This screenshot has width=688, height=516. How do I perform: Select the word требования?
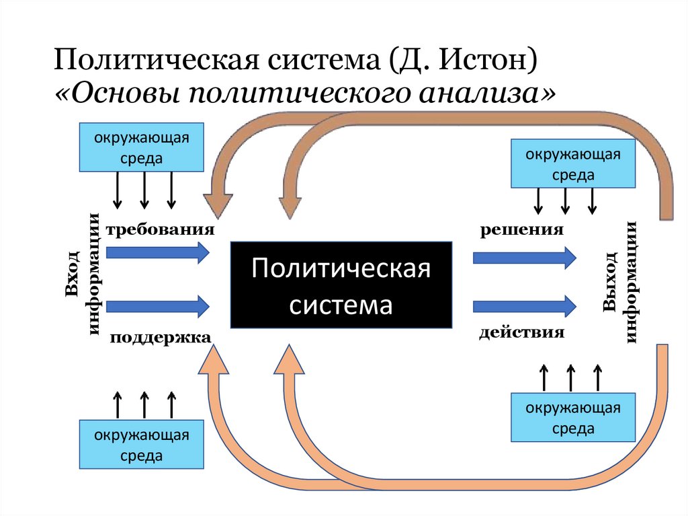[x=159, y=230]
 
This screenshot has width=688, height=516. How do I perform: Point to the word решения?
[x=521, y=230]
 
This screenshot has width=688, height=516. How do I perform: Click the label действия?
[x=521, y=333]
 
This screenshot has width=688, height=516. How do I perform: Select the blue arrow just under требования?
[x=159, y=253]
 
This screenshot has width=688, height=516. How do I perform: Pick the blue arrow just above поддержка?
[x=159, y=306]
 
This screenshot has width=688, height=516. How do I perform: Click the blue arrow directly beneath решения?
[x=525, y=257]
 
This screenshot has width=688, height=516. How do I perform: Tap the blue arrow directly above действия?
[x=525, y=306]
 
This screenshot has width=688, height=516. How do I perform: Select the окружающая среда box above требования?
[x=142, y=147]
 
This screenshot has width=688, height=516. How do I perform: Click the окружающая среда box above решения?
[x=573, y=163]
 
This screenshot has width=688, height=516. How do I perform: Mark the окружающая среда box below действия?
[x=573, y=418]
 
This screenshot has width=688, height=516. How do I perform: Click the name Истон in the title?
[x=488, y=60]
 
